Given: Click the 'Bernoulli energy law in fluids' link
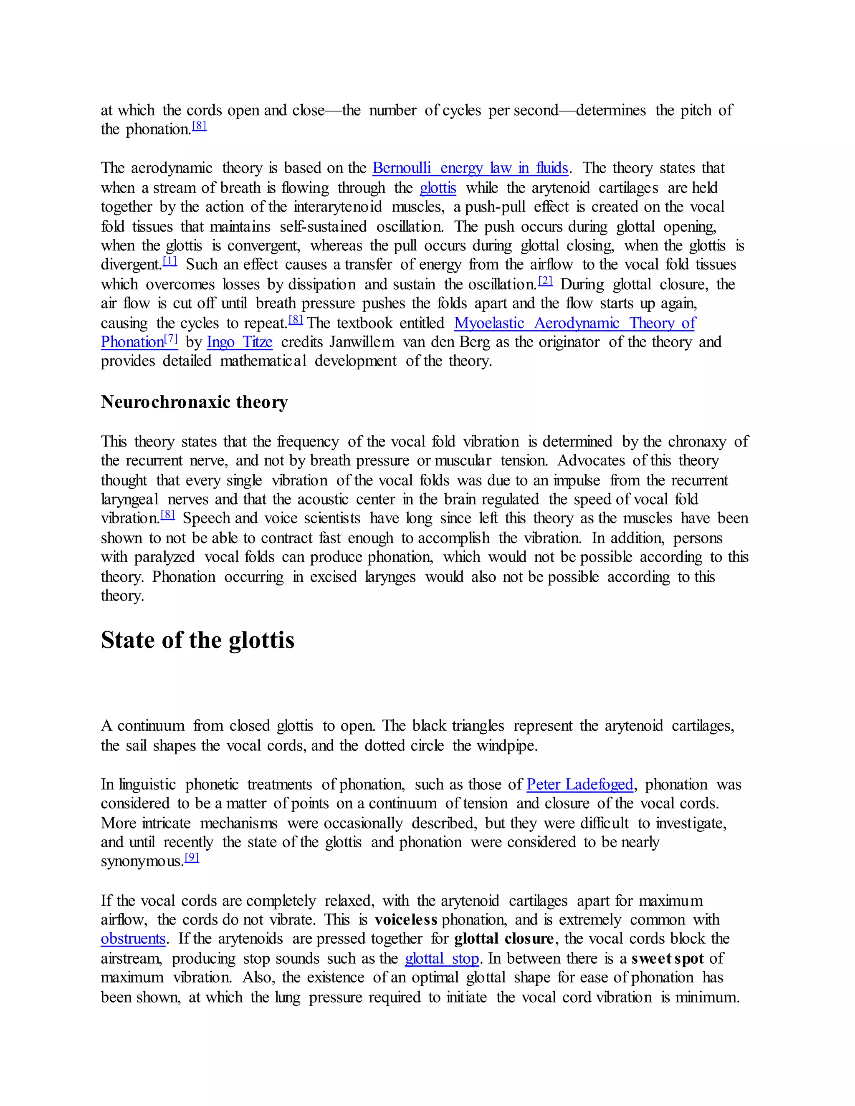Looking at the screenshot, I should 470,168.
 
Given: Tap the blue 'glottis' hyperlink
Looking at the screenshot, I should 438,188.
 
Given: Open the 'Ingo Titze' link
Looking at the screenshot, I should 240,342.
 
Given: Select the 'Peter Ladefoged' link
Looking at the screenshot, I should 580,785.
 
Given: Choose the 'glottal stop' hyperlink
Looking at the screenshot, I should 442,958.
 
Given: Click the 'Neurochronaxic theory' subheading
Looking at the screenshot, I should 195,401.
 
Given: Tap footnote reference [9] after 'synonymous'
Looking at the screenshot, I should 192,857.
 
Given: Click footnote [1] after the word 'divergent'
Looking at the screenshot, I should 169,261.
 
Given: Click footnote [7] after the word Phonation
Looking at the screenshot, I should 171,339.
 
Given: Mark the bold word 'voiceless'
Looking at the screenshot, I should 406,919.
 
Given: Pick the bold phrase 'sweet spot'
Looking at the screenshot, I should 668,958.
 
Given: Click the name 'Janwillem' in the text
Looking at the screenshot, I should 362,342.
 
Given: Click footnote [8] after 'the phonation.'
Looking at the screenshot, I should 199,126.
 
